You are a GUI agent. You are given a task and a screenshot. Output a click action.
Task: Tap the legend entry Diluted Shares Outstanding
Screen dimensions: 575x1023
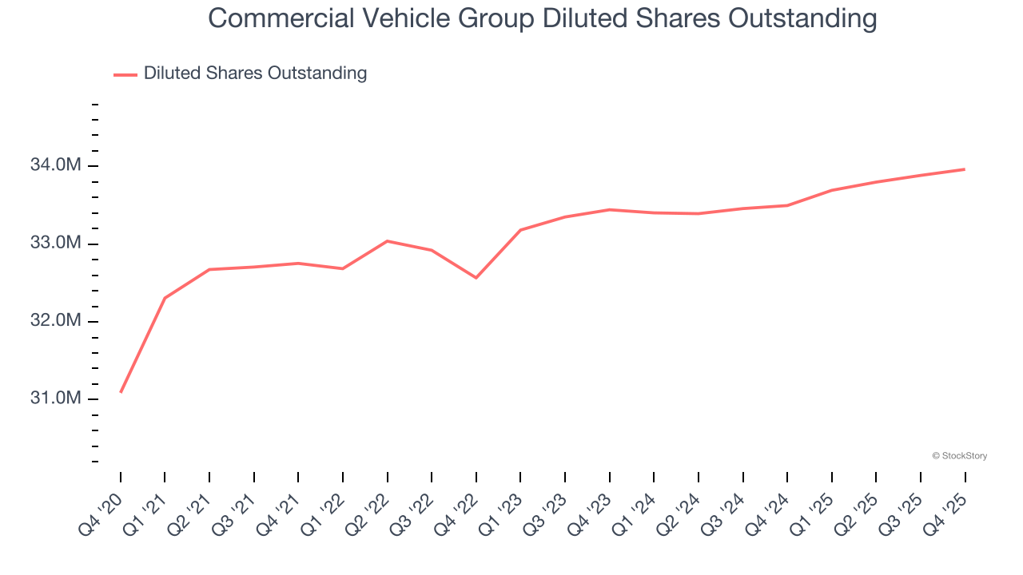tap(255, 73)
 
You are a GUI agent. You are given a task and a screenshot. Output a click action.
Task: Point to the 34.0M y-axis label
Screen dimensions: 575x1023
tap(55, 165)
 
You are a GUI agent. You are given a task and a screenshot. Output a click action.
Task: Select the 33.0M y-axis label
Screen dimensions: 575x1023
tap(55, 243)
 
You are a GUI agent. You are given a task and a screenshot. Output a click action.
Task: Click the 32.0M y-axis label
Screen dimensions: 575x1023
tap(55, 321)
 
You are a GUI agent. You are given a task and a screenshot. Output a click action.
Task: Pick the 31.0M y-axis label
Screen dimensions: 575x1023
tap(55, 399)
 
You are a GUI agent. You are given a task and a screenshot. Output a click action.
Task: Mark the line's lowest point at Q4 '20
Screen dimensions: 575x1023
tap(121, 392)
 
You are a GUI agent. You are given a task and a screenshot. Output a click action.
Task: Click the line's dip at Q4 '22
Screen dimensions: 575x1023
tap(476, 278)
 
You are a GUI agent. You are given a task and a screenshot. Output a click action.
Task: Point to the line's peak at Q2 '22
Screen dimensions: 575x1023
tap(388, 240)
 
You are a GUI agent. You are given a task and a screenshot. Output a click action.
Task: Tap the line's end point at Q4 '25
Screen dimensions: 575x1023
tap(965, 169)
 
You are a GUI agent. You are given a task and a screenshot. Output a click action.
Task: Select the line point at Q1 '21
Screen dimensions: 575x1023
tap(165, 298)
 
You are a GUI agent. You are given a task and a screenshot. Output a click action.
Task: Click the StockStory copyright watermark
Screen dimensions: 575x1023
tap(959, 456)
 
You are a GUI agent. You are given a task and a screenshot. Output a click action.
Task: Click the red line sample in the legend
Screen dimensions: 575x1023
tap(125, 74)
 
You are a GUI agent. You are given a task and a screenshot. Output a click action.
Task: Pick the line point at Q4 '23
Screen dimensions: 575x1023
tap(610, 209)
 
